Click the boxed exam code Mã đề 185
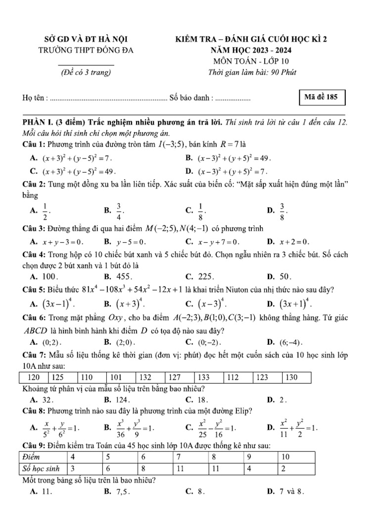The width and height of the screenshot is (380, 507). click(x=322, y=98)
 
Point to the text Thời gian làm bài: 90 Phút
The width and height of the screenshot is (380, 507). click(x=253, y=72)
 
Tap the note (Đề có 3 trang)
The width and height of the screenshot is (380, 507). click(x=86, y=72)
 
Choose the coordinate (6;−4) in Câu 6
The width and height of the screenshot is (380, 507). click(x=291, y=342)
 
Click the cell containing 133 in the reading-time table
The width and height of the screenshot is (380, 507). click(x=208, y=377)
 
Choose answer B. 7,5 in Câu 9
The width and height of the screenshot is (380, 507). click(x=122, y=492)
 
